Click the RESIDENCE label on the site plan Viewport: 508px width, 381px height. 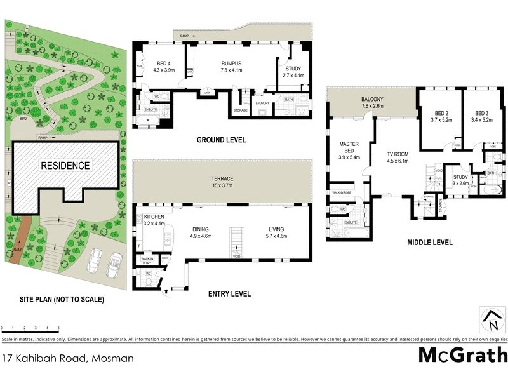tap(66, 165)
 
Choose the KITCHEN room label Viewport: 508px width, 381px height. tap(154, 206)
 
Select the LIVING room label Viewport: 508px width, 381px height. tap(276, 229)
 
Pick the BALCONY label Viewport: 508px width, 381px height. tap(371, 100)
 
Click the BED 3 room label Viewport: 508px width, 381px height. tap(482, 112)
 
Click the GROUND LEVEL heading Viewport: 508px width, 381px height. tap(221, 140)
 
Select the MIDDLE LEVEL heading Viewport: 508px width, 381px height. tap(431, 242)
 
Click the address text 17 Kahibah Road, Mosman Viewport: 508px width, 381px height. tap(68, 358)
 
